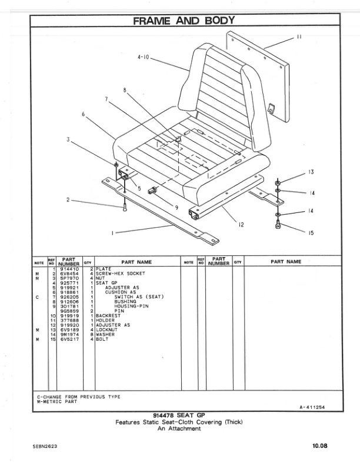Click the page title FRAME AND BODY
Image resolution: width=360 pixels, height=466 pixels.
[x=184, y=21]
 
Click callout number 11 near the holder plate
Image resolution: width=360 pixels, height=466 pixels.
[x=299, y=36]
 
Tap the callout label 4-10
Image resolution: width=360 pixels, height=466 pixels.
[x=144, y=57]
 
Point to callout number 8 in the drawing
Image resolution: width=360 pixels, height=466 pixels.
[x=125, y=90]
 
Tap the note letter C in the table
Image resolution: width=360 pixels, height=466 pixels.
[x=37, y=297]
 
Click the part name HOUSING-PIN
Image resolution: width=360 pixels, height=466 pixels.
[x=130, y=307]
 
